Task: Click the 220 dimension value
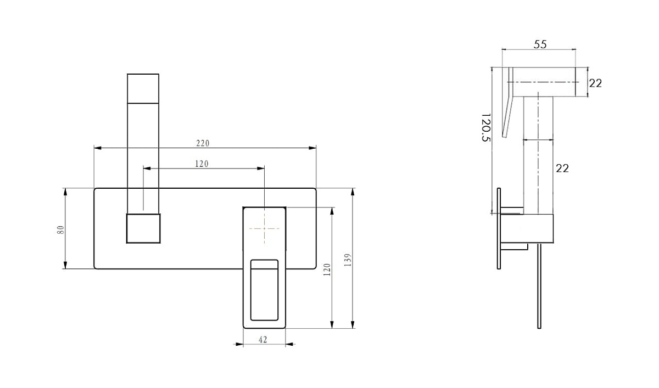203,143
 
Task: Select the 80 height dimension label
60,229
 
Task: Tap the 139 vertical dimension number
348,260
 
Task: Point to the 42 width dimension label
263,340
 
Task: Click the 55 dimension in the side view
540,44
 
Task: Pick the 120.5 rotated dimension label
486,127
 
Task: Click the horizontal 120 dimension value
202,164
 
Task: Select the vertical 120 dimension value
327,269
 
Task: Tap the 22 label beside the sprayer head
595,83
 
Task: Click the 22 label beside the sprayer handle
562,168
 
